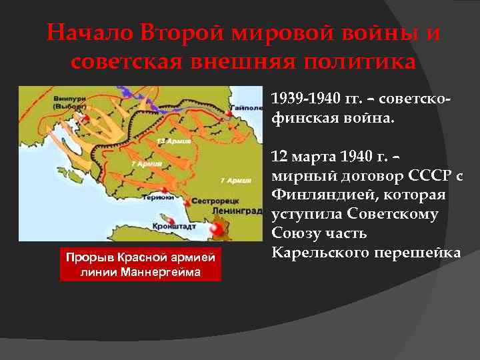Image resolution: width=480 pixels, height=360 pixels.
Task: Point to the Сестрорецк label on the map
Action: click(210, 199)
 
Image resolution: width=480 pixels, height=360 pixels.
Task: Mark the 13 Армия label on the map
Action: click(167, 141)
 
